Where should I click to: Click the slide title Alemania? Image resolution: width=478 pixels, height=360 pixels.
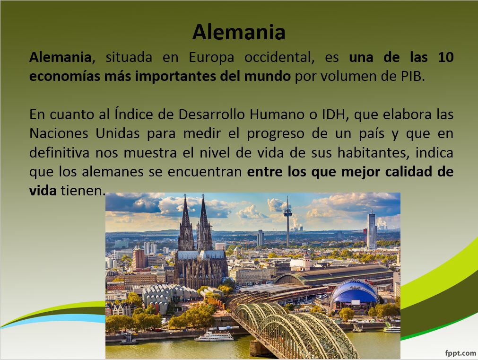pyautogui.click(x=239, y=32)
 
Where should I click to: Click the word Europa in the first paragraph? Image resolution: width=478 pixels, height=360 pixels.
pyautogui.click(x=211, y=57)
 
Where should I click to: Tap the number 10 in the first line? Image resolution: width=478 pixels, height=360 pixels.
pyautogui.click(x=446, y=57)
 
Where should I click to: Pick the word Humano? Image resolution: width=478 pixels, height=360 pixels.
pyautogui.click(x=277, y=114)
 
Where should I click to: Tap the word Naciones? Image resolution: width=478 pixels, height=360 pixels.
pyautogui.click(x=59, y=133)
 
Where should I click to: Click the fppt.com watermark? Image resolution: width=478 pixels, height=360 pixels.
pyautogui.click(x=461, y=353)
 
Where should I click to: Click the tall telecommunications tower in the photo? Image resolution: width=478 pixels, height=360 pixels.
pyautogui.click(x=287, y=221)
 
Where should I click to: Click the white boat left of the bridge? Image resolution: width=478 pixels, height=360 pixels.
pyautogui.click(x=214, y=336)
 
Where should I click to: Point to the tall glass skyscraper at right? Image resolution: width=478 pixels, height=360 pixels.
pyautogui.click(x=372, y=230)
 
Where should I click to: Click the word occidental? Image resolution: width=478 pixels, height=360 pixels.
pyautogui.click(x=279, y=57)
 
